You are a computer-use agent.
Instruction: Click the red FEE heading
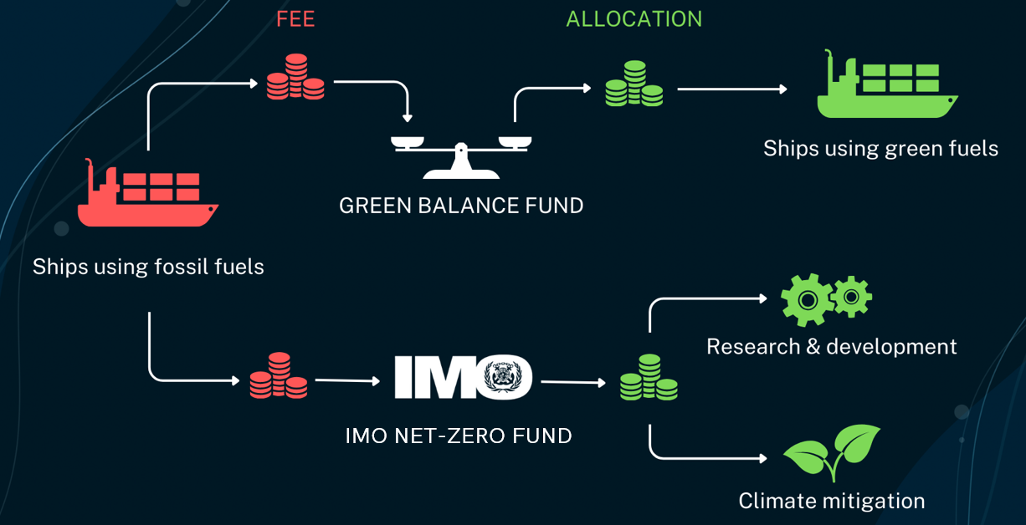295,19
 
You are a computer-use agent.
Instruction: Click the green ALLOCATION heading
634,19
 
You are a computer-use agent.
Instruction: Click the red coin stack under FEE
295,77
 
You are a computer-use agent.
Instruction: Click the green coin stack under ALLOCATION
634,84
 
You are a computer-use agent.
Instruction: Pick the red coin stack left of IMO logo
278,377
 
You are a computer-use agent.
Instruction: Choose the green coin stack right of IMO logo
649,378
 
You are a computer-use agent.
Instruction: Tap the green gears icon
825,298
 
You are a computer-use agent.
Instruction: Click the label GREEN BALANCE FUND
461,206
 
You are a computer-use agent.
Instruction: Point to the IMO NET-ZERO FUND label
459,436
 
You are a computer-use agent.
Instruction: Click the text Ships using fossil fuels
148,268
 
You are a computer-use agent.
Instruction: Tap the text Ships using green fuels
880,149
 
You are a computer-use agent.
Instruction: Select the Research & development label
831,346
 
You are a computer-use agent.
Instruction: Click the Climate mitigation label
831,501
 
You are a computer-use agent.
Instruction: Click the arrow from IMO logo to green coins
573,383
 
